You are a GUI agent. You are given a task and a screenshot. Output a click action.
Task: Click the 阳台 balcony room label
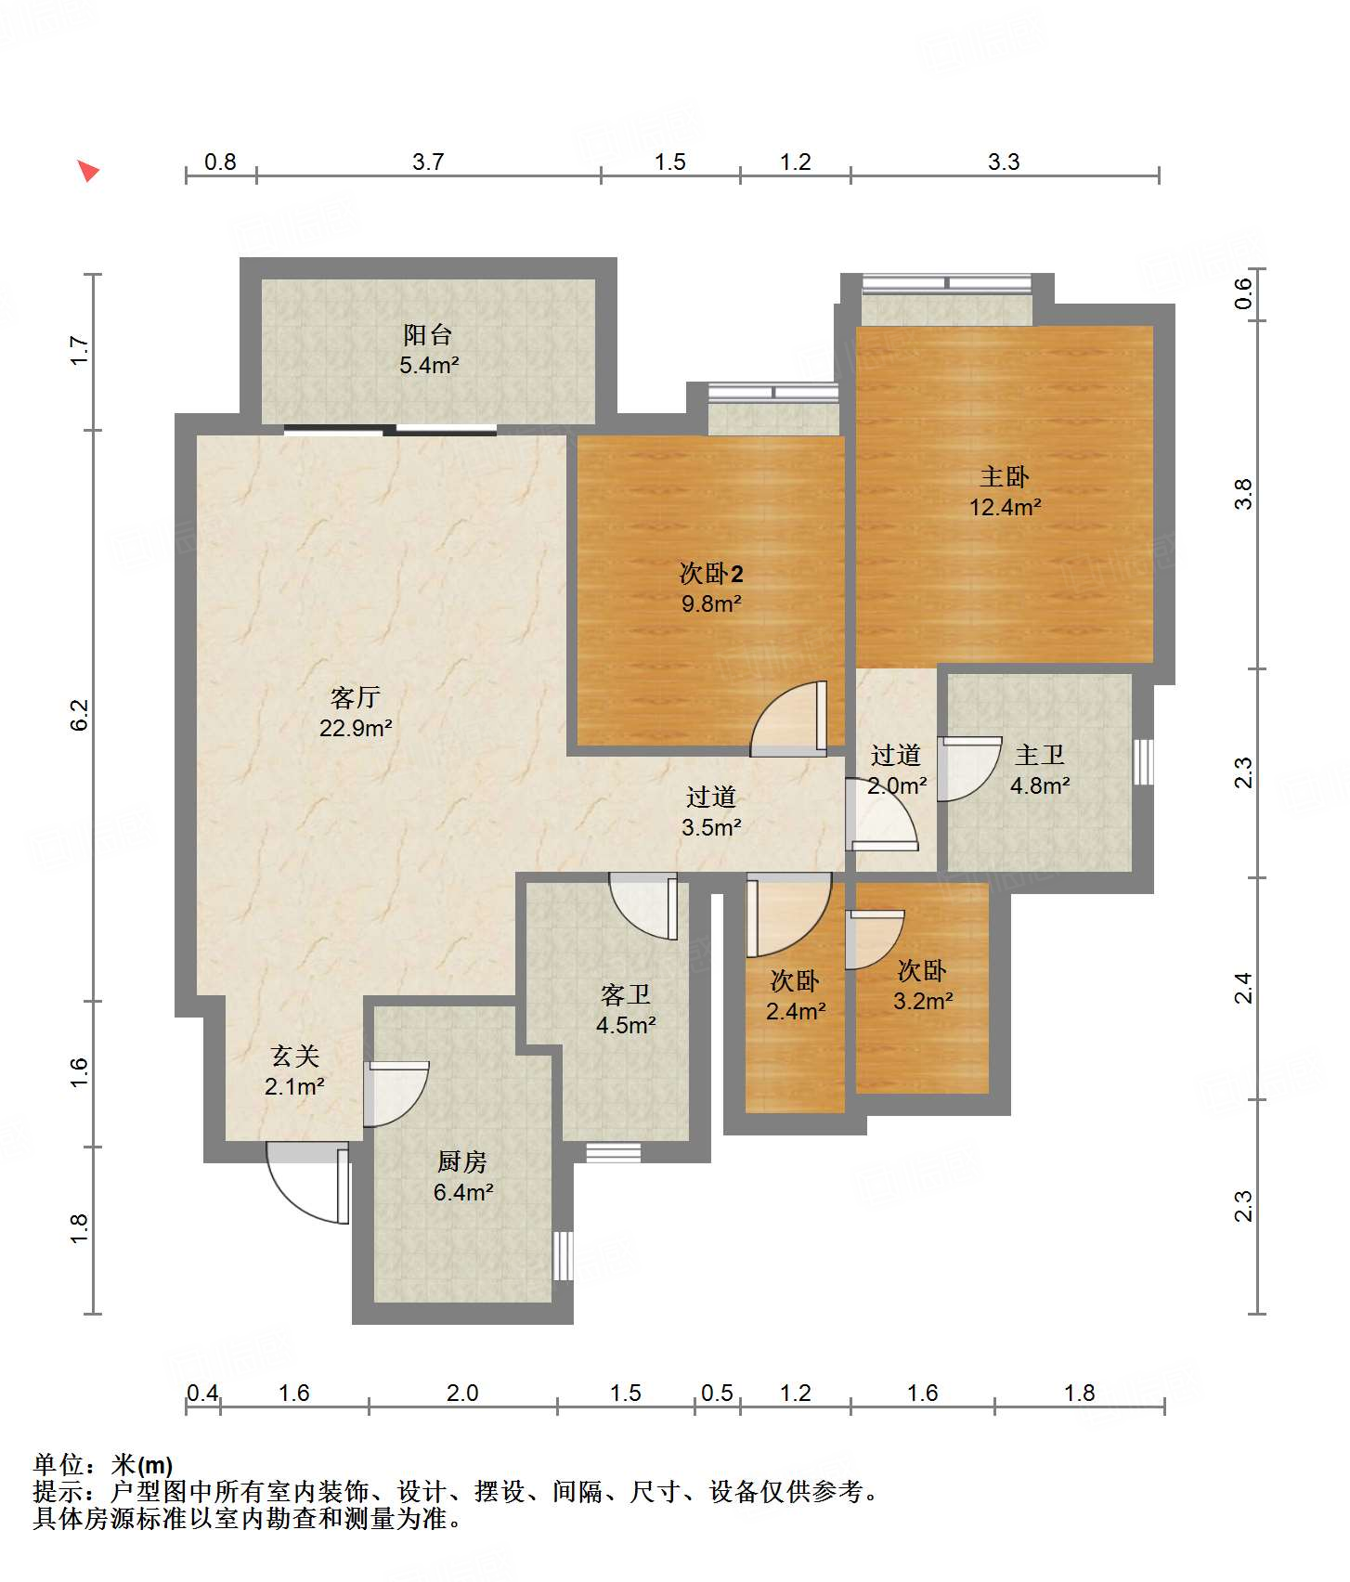pos(427,334)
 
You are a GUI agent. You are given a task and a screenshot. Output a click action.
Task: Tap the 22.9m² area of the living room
pos(356,729)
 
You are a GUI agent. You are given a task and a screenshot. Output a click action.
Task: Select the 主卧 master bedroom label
pos(1005,477)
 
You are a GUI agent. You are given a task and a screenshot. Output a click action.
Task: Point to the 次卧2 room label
pos(711,574)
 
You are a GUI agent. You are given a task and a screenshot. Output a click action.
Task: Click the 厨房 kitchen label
pos(462,1161)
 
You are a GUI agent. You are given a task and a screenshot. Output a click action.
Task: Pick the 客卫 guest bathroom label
pos(626,995)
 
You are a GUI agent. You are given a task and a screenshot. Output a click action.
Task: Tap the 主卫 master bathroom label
pos(1040,756)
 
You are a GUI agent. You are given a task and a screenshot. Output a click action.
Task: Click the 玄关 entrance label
pos(295,1057)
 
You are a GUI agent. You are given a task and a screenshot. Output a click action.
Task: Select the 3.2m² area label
pos(923,1002)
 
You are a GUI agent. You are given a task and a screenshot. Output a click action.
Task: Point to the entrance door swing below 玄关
pos(307,1182)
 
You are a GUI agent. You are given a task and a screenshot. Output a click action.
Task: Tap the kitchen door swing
pos(396,1095)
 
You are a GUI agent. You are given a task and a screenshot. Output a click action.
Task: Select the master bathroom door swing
pos(969,769)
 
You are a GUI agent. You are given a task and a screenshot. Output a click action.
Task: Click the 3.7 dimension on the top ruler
pos(428,162)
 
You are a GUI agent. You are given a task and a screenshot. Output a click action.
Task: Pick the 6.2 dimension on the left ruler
pos(80,715)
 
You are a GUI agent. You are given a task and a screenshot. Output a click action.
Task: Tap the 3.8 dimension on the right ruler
pos(1243,494)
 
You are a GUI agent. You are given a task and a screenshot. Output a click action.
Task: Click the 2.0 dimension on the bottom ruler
pos(462,1394)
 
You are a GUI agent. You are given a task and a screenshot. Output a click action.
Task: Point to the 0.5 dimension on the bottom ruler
pos(717,1394)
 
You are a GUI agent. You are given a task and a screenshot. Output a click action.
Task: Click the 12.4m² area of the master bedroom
pos(1005,508)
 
